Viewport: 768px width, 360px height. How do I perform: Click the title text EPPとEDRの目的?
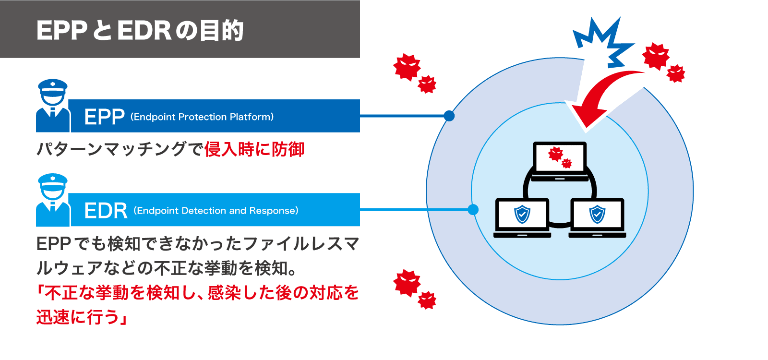(140, 30)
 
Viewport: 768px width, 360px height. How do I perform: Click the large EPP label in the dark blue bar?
(104, 117)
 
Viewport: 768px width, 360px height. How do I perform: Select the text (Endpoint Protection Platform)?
(202, 117)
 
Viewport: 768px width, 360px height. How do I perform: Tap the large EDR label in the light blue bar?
(106, 211)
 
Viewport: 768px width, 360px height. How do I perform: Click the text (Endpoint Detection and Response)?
(216, 211)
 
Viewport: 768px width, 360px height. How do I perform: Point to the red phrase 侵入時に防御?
(254, 149)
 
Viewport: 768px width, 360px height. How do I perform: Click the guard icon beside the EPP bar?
(53, 106)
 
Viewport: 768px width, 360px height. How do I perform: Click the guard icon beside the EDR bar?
(53, 200)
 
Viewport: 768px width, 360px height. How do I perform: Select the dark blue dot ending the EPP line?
(449, 116)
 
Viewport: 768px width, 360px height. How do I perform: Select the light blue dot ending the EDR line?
(473, 209)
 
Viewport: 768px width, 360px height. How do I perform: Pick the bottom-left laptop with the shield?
(522, 217)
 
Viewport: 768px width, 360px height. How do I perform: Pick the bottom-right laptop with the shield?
(597, 217)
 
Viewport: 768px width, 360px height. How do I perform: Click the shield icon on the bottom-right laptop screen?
(597, 214)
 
